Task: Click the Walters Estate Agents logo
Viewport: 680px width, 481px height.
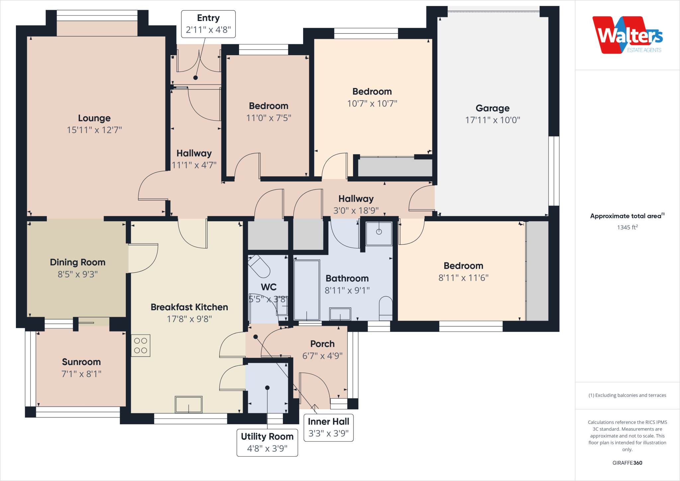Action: click(x=627, y=35)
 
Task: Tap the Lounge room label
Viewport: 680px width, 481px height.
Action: click(x=94, y=118)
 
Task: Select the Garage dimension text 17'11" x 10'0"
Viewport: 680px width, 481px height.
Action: click(x=492, y=120)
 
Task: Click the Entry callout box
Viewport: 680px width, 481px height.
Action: click(x=208, y=24)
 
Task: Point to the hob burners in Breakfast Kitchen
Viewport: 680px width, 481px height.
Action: click(x=140, y=345)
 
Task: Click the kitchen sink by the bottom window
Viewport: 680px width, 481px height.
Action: click(x=189, y=404)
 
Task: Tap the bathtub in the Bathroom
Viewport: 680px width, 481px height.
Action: click(x=306, y=290)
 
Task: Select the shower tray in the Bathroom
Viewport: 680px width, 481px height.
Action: click(x=379, y=234)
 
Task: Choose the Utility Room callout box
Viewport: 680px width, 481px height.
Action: click(x=267, y=442)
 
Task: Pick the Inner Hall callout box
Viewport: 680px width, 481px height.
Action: click(x=328, y=428)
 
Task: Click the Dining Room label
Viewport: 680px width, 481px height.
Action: click(x=78, y=262)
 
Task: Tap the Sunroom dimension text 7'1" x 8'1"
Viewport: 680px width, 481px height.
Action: click(x=81, y=374)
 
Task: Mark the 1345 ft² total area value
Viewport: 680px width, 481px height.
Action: click(x=627, y=228)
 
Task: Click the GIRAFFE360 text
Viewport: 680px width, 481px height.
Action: click(x=627, y=463)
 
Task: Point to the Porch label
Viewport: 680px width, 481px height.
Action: click(x=322, y=344)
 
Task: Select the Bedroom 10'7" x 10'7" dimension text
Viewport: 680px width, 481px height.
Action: click(x=372, y=104)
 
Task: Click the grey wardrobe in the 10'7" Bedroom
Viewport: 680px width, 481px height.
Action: click(x=395, y=167)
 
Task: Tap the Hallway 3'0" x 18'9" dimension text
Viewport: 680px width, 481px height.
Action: click(x=356, y=211)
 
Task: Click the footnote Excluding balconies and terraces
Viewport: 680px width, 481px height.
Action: click(x=627, y=395)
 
